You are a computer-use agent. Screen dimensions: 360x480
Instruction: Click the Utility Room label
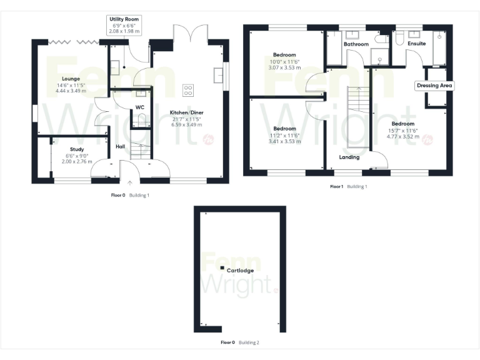(x=124, y=19)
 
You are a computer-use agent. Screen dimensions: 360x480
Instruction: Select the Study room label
(x=77, y=149)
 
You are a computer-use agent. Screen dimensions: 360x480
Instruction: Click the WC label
(x=141, y=107)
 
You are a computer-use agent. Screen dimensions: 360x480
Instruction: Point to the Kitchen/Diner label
(x=187, y=112)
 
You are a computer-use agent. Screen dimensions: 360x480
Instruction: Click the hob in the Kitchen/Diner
(x=187, y=90)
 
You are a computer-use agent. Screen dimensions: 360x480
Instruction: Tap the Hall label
(x=121, y=146)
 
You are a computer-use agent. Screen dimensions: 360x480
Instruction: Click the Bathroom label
(x=356, y=44)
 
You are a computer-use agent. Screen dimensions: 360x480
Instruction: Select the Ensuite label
(x=416, y=44)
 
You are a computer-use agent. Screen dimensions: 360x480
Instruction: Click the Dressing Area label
(x=434, y=85)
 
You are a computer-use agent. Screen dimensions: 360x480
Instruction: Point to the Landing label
(x=349, y=157)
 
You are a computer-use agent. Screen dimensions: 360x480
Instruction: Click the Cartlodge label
(x=240, y=271)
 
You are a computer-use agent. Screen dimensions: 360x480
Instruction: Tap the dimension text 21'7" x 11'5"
(x=187, y=119)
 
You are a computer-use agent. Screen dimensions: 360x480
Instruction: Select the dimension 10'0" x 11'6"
(x=284, y=61)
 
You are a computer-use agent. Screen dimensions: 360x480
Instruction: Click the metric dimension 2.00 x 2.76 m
(x=77, y=161)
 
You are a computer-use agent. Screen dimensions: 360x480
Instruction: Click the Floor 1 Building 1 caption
(x=349, y=186)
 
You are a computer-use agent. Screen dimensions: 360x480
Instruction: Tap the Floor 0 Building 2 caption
(x=240, y=342)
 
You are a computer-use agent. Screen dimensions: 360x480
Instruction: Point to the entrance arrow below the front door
(x=130, y=183)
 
